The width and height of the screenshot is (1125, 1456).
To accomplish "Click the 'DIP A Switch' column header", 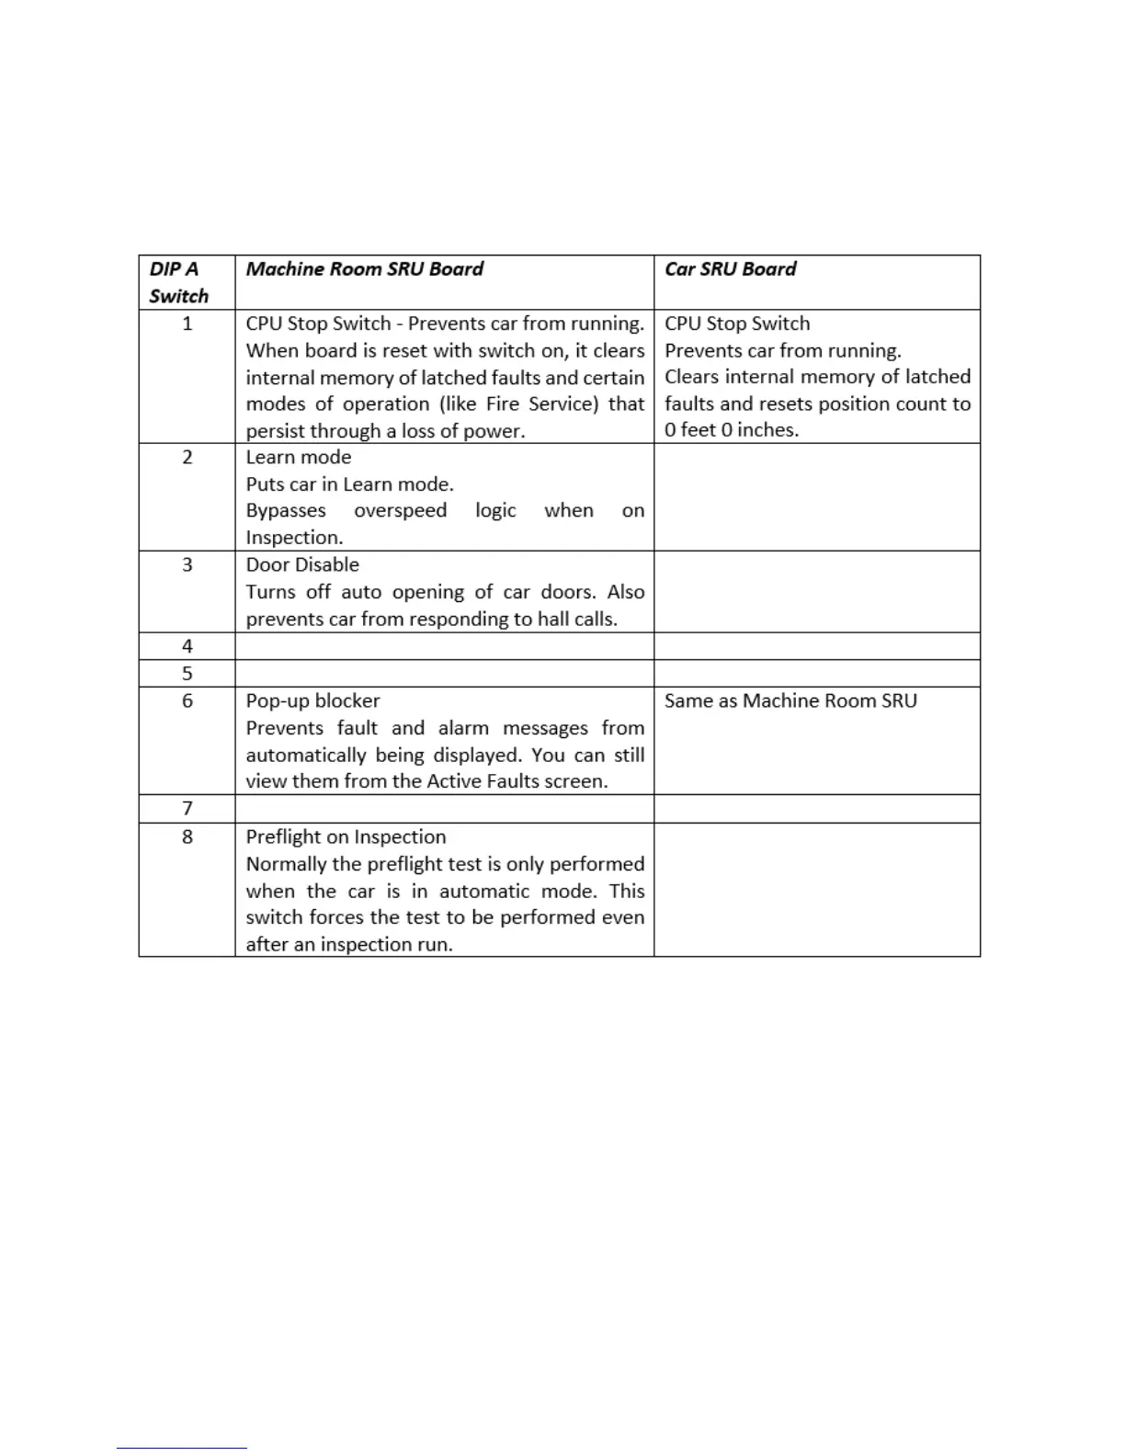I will coord(179,282).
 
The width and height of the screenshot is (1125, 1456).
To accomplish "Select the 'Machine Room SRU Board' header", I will coord(364,269).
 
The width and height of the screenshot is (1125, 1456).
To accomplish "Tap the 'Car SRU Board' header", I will coord(730,269).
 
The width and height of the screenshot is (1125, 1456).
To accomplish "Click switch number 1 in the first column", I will coord(187,324).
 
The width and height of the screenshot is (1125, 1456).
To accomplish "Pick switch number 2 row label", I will coord(187,457).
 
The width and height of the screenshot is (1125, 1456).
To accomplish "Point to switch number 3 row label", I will coord(187,564).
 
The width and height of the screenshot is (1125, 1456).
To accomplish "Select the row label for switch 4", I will coord(187,646).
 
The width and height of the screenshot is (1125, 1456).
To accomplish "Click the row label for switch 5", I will coord(187,674).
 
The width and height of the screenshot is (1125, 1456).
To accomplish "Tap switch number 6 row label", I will coord(187,700).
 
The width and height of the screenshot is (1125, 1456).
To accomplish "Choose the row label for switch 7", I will coord(187,809).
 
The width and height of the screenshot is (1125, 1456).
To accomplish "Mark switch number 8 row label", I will coord(187,836).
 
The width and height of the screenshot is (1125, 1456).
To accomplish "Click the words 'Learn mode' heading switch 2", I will coord(299,457).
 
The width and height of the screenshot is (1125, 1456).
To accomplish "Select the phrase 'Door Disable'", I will coord(302,564).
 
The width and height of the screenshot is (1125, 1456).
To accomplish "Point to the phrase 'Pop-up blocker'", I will coord(312,700).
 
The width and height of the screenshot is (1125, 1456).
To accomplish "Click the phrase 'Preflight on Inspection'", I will coord(346,836).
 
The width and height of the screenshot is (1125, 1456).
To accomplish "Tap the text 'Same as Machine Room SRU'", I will coord(790,700).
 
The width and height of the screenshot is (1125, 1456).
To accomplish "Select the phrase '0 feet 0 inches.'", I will coord(732,429).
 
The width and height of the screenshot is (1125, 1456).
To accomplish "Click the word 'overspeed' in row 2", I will coord(401,510).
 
